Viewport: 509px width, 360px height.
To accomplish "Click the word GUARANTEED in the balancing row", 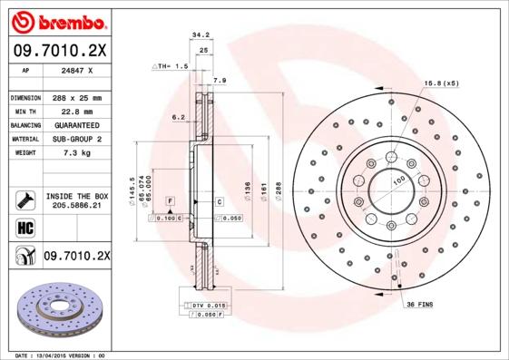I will pyautogui.click(x=76, y=124).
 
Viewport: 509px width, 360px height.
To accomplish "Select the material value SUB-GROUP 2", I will pyautogui.click(x=76, y=139).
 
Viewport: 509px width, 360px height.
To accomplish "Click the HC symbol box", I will pyautogui.click(x=24, y=227).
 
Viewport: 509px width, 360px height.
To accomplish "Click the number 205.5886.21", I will pyautogui.click(x=76, y=206).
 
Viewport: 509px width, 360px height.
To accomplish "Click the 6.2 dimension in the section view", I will pyautogui.click(x=178, y=117).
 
